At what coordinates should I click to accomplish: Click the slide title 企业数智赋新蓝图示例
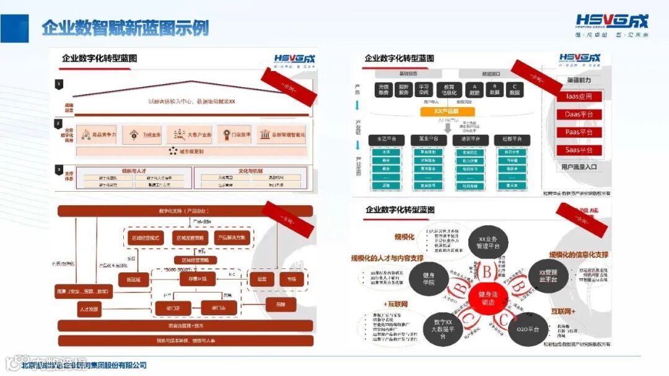tap(125, 28)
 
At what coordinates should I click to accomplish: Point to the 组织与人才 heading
tap(134, 171)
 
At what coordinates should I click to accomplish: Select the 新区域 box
tap(134, 280)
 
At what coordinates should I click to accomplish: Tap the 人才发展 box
tap(89, 308)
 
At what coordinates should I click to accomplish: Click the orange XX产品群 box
tap(446, 111)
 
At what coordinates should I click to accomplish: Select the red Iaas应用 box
tap(579, 96)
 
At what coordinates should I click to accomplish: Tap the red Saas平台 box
tap(579, 150)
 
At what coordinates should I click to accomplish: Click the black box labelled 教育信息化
tap(445, 89)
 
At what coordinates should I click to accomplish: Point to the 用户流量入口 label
tap(579, 166)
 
